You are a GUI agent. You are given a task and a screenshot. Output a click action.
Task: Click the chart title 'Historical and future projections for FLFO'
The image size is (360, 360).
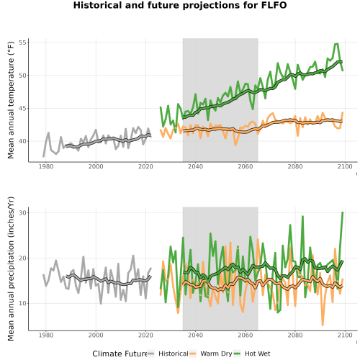(180, 5)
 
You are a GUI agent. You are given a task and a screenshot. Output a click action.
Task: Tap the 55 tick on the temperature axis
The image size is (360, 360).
(22, 42)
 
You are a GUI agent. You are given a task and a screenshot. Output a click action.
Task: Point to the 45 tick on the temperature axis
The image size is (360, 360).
(22, 108)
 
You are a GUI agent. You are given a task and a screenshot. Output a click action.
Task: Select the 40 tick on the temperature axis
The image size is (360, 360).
(22, 141)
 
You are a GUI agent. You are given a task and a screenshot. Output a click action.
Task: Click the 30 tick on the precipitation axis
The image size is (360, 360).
(22, 212)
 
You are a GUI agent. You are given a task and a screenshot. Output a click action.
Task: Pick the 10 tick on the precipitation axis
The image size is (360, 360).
(22, 303)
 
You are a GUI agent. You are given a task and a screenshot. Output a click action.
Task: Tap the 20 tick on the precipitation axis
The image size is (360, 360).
(22, 258)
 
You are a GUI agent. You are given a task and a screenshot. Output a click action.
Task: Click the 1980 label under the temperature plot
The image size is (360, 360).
(46, 166)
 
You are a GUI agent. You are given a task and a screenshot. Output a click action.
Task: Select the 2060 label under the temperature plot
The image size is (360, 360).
(246, 166)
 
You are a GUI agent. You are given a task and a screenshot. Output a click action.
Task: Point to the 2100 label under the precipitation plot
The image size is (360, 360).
(345, 335)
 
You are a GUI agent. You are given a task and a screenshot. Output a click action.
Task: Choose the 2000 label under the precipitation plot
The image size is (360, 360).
(96, 335)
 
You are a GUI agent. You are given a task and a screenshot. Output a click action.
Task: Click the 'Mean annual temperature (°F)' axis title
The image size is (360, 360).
(11, 100)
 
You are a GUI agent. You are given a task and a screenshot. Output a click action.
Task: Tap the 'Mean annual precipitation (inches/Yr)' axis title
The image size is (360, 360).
(11, 269)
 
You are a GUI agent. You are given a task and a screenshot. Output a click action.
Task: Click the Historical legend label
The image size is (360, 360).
(174, 354)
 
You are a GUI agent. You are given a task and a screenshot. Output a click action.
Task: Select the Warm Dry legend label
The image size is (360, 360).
(216, 354)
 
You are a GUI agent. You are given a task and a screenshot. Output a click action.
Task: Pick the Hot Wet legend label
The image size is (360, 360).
(258, 354)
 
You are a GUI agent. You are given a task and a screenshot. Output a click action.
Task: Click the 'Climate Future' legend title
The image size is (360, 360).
(120, 354)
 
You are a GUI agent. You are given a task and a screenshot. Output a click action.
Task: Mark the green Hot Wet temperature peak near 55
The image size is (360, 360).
(336, 44)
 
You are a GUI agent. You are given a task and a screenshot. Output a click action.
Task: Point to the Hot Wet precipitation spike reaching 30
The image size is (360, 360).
(343, 212)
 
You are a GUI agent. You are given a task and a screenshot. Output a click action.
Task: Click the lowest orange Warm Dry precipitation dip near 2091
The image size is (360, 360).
(323, 325)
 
